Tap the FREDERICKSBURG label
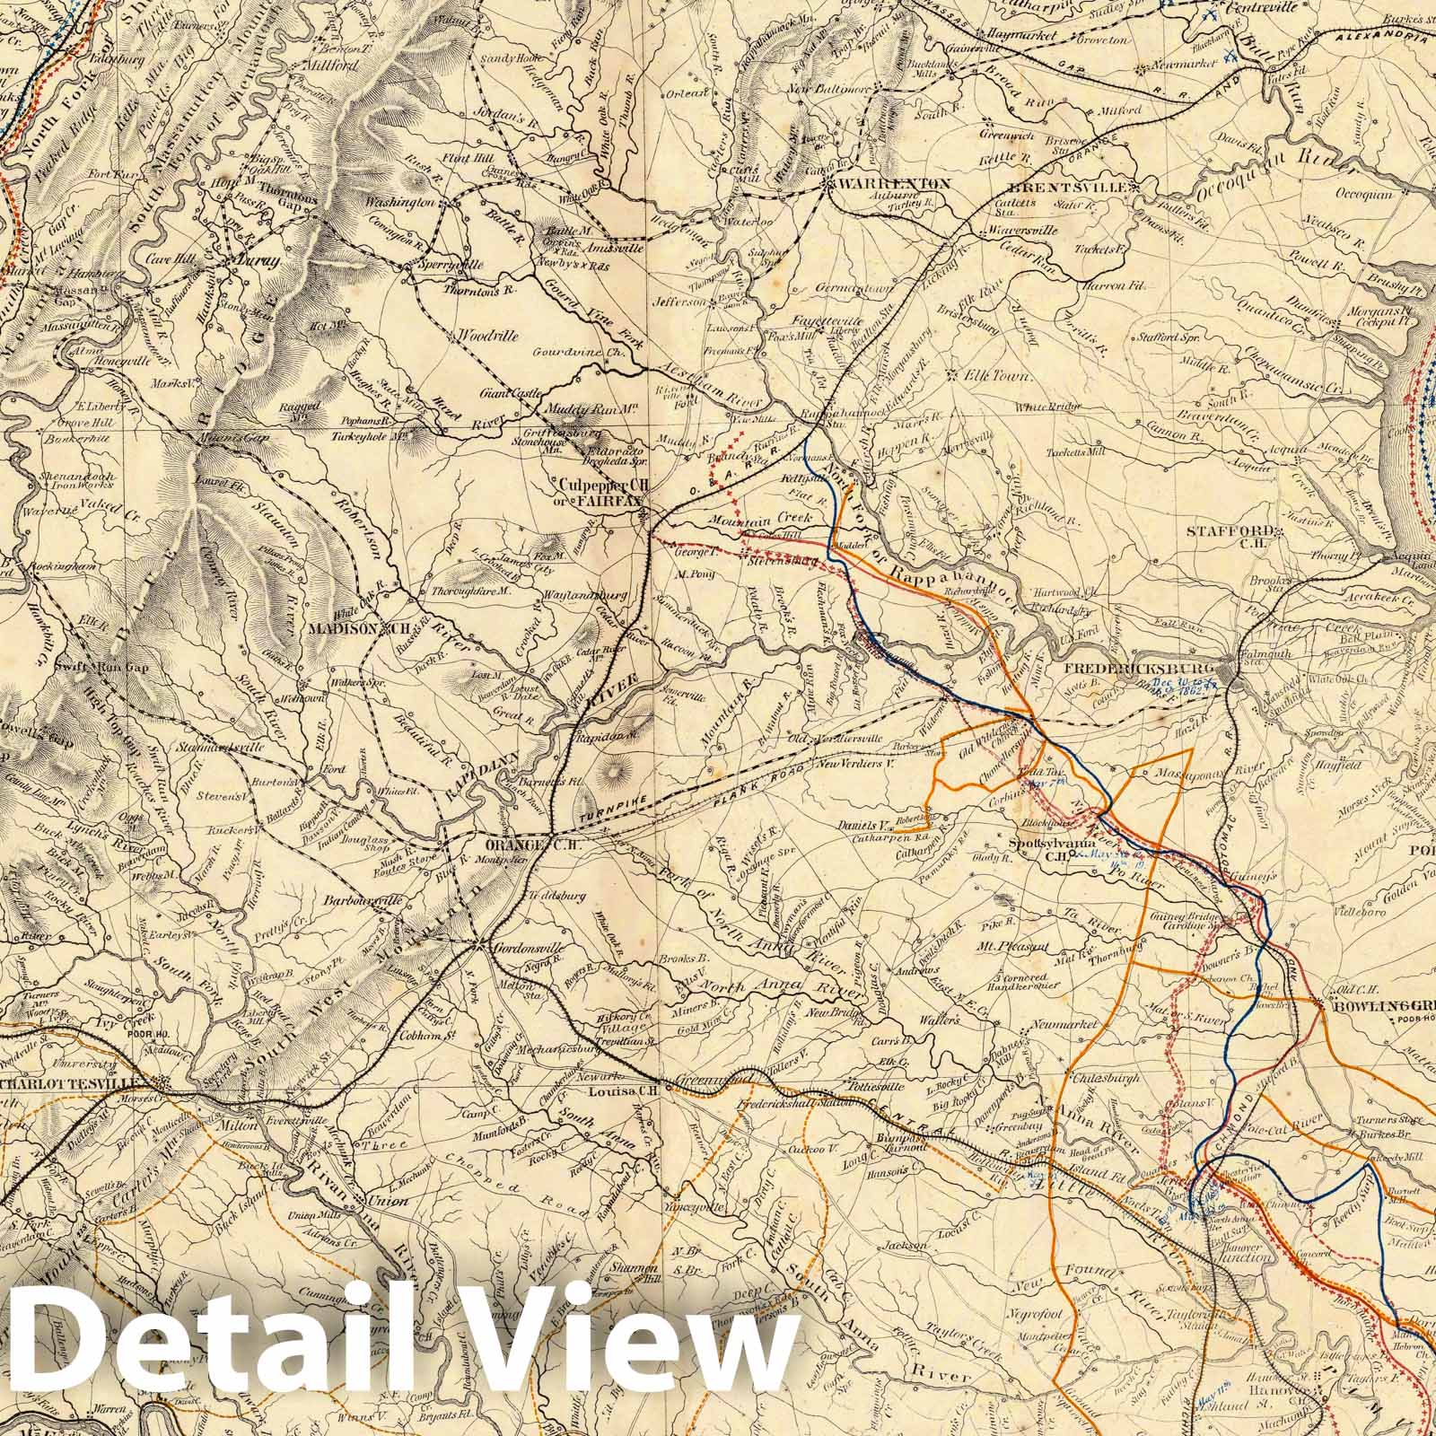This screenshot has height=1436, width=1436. click(1138, 670)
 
